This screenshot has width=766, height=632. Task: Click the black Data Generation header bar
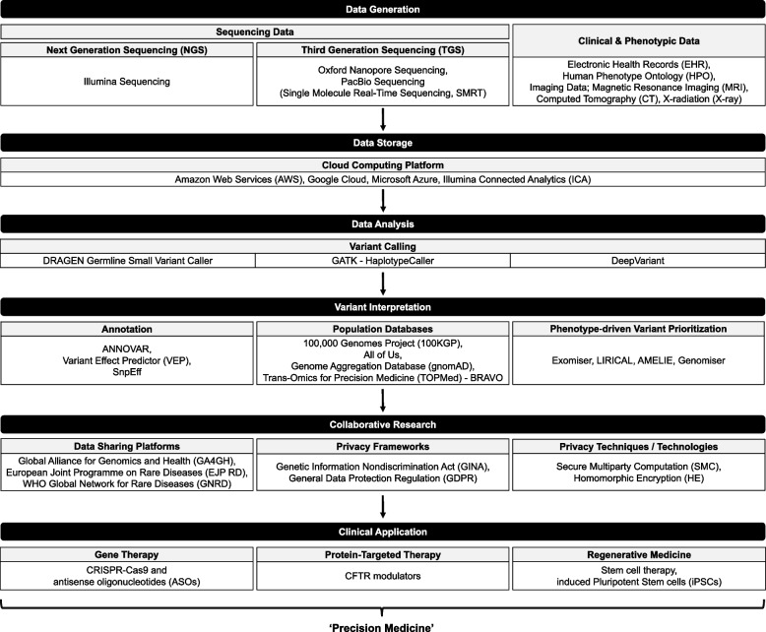click(x=382, y=9)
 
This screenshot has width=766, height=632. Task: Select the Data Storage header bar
click(x=382, y=143)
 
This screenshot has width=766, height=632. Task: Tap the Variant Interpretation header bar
click(x=382, y=306)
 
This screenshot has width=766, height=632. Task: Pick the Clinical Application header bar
click(x=382, y=533)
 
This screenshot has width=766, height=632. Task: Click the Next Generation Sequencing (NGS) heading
click(x=127, y=48)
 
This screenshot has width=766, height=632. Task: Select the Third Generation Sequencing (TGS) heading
click(x=382, y=48)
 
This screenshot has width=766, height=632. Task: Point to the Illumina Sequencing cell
click(x=127, y=83)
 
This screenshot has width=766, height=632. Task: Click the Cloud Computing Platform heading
click(x=382, y=165)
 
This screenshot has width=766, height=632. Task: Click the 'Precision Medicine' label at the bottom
click(x=383, y=622)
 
